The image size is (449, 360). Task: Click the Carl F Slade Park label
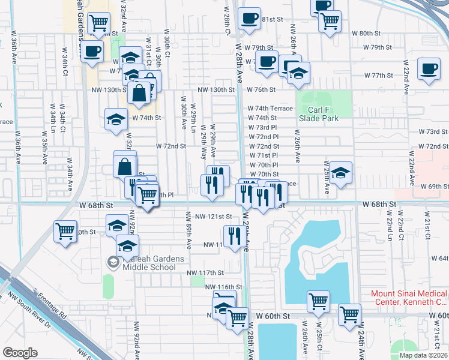tap(316, 114)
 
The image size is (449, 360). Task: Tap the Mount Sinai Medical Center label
tap(408, 298)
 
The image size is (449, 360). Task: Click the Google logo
tap(20, 353)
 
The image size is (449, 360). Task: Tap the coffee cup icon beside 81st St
tap(248, 17)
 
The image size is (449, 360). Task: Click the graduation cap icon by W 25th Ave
tap(340, 173)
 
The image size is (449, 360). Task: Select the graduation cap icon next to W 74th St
tap(116, 119)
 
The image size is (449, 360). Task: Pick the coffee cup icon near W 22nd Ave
tap(428, 68)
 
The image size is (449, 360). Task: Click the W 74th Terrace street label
tap(270, 109)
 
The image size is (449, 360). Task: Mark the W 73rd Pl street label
tap(264, 128)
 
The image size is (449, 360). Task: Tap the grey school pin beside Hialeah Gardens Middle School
tap(113, 262)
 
